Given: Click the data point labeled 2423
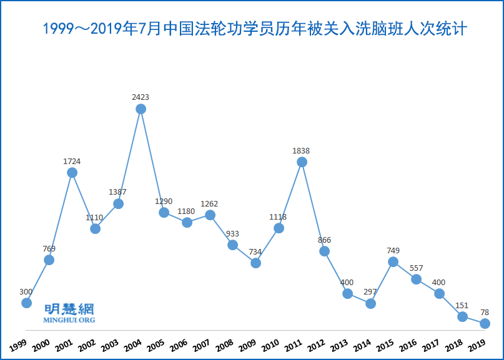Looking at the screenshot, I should coord(141,109).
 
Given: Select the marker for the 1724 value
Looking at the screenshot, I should coord(72,173).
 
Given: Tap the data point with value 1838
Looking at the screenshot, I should coord(302,162).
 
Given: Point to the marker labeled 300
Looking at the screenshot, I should coord(26,303).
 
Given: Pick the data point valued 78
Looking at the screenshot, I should coord(485,323).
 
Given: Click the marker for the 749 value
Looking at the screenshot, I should coord(393,262).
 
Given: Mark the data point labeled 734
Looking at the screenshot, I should coord(255,263).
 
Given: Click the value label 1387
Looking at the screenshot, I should coord(118,192).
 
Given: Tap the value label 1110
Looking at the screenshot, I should coord(95,217).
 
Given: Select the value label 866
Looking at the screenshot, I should coord(324,240).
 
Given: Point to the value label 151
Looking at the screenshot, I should coord(462,305).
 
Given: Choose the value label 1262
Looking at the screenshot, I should coord(210,203).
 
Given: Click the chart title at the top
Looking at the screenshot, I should coord(252,29).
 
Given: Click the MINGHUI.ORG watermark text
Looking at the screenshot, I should coord(69,320).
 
